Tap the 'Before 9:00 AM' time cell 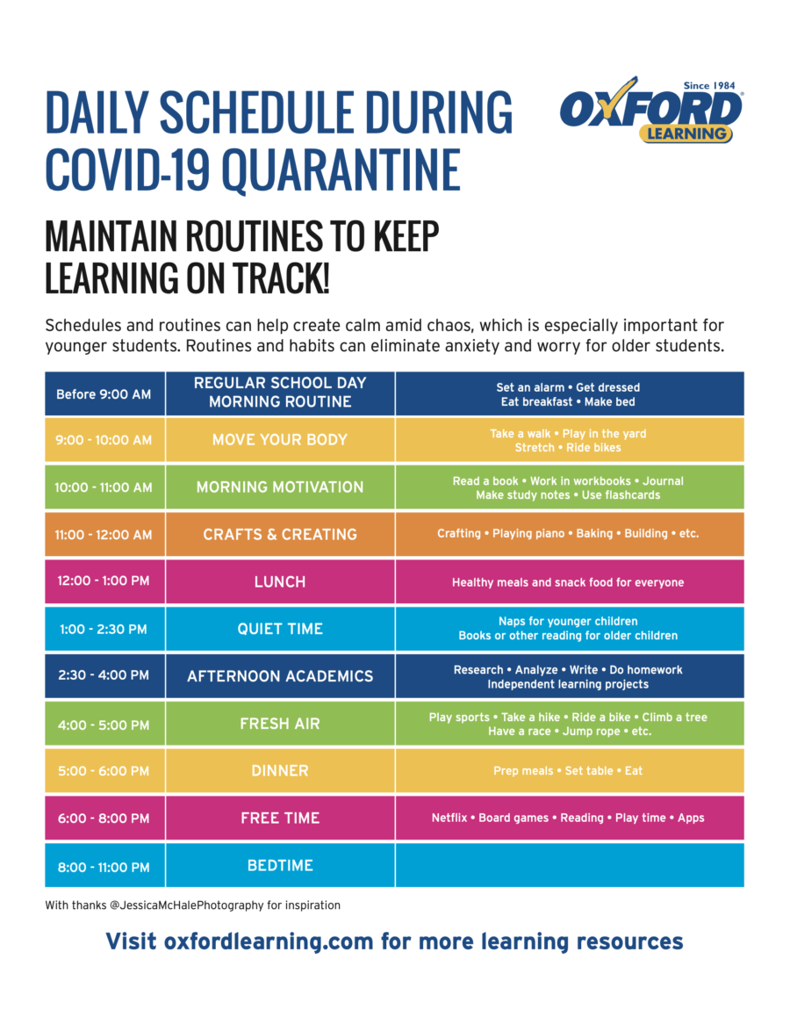coord(104,394)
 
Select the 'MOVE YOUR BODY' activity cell coord(280,440)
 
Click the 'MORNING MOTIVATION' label coord(280,487)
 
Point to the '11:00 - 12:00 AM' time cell coord(104,535)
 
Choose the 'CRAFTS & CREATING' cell coord(280,535)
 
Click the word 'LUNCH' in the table coord(280,582)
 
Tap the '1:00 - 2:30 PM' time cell coord(104,630)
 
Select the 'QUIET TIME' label coord(280,630)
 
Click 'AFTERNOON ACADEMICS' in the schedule coord(280,677)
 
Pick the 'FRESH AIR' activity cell coord(280,725)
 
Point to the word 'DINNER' coord(280,771)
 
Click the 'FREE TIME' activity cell coord(280,818)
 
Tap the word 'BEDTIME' coord(280,866)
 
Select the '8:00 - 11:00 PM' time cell coord(104,867)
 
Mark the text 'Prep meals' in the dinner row coord(523,771)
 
